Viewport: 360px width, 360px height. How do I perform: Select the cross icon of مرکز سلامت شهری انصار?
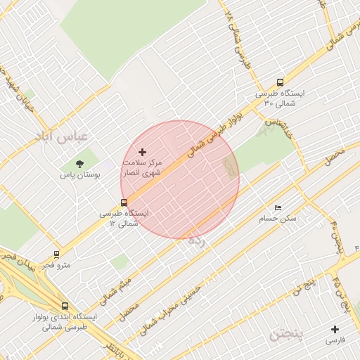(143, 152)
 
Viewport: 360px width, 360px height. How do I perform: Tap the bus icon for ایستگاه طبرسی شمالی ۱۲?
(124, 203)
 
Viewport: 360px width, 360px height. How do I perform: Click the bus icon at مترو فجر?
(57, 255)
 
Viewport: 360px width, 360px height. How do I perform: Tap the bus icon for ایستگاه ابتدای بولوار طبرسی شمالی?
(65, 306)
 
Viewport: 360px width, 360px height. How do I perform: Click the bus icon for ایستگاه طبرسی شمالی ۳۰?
(281, 82)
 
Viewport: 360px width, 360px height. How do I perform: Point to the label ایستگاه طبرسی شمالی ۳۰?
(281, 98)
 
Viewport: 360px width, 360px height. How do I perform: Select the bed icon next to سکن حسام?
(278, 208)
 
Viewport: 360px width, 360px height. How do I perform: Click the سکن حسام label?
(278, 219)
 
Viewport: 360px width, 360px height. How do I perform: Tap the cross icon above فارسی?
(335, 329)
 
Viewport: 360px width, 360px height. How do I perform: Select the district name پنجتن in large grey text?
(288, 333)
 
